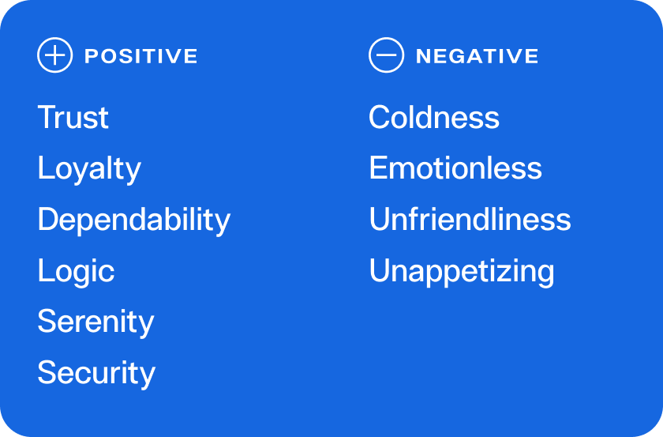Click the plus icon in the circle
tap(55, 55)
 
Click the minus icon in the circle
tap(386, 55)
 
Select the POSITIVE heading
tap(140, 56)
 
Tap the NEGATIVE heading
tap(477, 56)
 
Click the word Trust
tap(73, 117)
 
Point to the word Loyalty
tap(89, 169)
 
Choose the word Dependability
tap(134, 220)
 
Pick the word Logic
tap(76, 271)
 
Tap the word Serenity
tap(96, 322)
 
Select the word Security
tap(96, 374)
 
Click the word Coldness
tap(434, 117)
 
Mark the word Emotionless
tap(455, 168)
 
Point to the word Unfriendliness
tap(470, 219)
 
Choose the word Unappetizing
tap(462, 271)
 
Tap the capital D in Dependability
tap(48, 219)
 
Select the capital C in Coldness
tap(379, 117)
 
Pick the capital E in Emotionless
tap(378, 168)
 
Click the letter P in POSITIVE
tap(92, 56)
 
